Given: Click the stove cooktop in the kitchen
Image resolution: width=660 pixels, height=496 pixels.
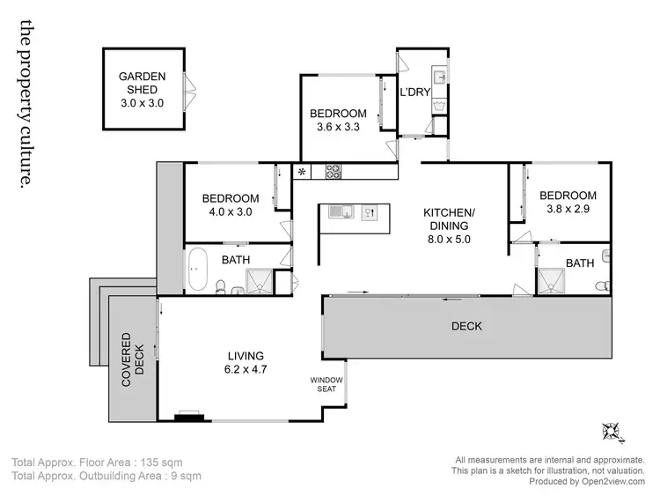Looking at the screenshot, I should [334, 172].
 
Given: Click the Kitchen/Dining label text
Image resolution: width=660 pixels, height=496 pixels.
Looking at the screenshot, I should [449, 219].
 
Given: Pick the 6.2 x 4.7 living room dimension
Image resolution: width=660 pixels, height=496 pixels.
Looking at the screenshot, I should [246, 369].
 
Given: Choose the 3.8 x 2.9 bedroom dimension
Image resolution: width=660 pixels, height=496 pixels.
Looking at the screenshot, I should [568, 210].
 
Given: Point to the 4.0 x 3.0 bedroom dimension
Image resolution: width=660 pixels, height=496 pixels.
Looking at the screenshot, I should [231, 212].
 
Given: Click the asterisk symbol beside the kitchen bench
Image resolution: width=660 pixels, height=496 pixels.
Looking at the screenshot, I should [302, 172].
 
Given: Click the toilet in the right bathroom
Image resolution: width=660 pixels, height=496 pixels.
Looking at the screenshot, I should [600, 284].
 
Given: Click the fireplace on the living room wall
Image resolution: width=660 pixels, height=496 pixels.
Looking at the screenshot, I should [187, 416].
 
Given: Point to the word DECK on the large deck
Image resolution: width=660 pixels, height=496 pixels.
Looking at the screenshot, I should [466, 326].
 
